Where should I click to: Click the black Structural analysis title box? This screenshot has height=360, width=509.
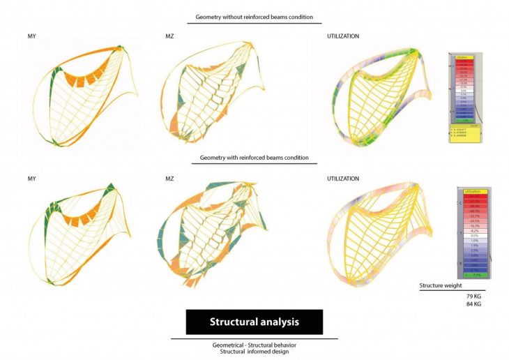(254, 322)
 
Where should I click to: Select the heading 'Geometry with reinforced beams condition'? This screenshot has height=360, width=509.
(254, 158)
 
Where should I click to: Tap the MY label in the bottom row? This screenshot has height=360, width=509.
(32, 179)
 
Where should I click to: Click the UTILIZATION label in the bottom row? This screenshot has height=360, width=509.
(343, 179)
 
